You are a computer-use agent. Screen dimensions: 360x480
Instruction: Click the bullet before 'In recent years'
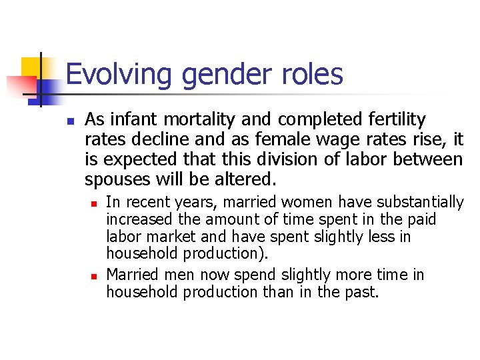(95, 203)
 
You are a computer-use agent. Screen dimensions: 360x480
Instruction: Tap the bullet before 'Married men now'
(95, 275)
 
